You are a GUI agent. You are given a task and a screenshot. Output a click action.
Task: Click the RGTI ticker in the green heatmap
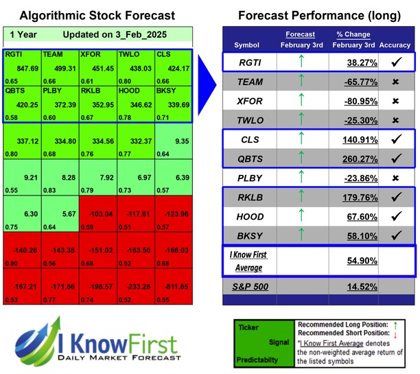(x=14, y=54)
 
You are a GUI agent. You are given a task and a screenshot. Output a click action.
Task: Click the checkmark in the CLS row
(x=395, y=139)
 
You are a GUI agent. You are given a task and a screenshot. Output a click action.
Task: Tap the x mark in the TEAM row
(x=395, y=82)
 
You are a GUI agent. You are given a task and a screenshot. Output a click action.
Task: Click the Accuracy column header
(x=395, y=45)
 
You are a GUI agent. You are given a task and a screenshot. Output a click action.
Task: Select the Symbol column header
(x=247, y=45)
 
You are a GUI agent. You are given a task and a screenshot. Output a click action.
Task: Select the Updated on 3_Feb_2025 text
(x=104, y=34)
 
